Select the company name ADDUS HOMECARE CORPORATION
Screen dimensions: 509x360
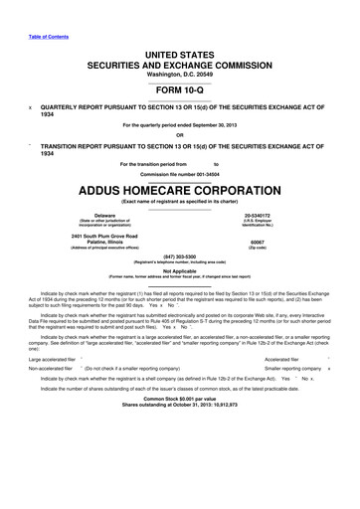point(180,187)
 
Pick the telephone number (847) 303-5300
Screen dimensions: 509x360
point(180,254)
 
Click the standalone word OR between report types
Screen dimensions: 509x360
point(180,136)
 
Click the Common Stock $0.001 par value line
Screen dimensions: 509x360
point(180,426)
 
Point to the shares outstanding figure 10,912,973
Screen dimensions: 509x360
point(235,432)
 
